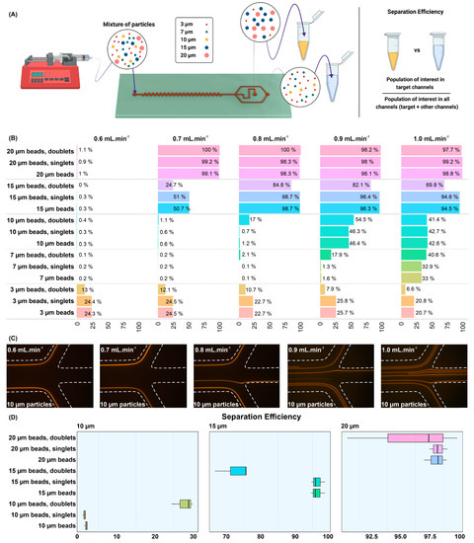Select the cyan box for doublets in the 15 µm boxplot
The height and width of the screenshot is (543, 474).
pos(238,471)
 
